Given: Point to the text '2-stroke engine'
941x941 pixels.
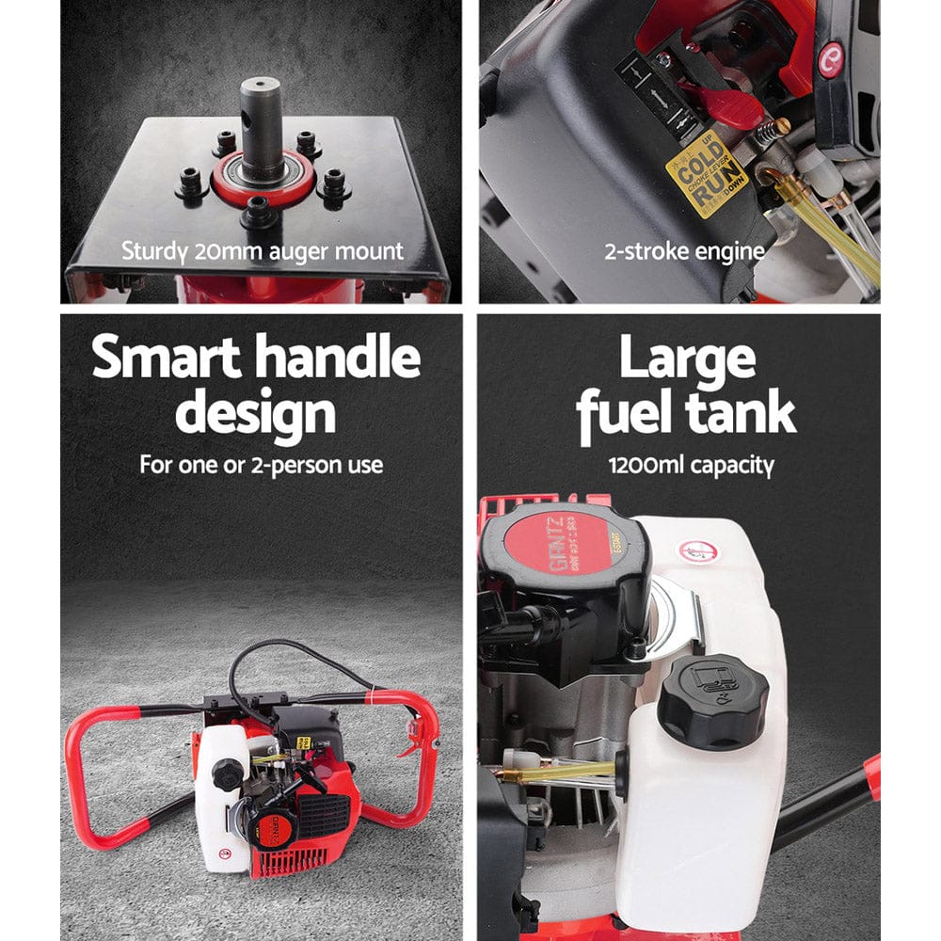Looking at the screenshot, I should click(684, 251).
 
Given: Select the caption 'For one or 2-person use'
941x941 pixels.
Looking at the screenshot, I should click(261, 464).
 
